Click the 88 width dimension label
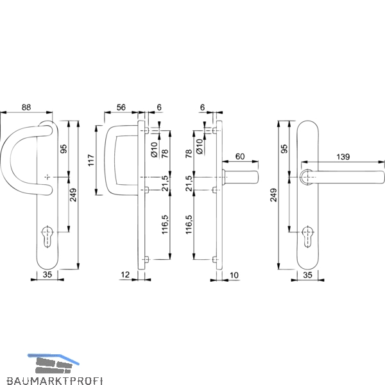(x=26, y=107)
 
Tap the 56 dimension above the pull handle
(x=121, y=107)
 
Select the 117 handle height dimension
(x=91, y=160)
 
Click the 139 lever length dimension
(x=343, y=157)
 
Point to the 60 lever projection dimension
(x=240, y=157)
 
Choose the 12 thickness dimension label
(x=125, y=275)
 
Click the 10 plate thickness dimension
(x=234, y=275)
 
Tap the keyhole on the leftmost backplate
(x=47, y=236)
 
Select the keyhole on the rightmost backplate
(x=307, y=237)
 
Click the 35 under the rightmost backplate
(x=307, y=275)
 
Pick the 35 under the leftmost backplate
(x=47, y=275)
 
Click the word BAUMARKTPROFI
(x=55, y=380)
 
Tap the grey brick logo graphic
(x=53, y=365)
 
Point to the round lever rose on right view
(x=306, y=177)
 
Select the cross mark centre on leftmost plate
(x=47, y=177)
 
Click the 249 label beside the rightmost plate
(x=273, y=195)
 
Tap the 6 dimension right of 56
(x=159, y=107)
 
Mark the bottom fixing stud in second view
(x=147, y=259)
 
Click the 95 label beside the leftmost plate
(x=64, y=149)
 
